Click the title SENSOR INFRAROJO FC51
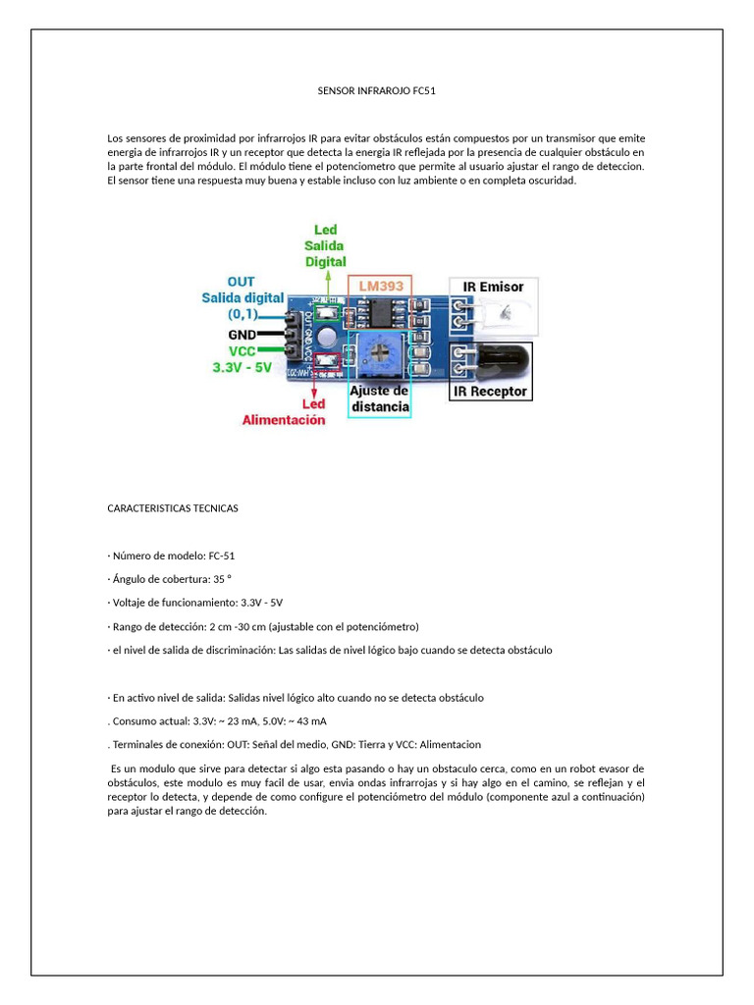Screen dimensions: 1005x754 [x=377, y=90]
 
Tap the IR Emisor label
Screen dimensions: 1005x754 [x=494, y=287]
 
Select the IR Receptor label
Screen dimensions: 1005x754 [x=490, y=392]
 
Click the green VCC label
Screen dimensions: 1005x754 [x=244, y=350]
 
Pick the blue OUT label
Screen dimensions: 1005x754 [x=242, y=282]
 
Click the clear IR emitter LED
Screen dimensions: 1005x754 [x=505, y=316]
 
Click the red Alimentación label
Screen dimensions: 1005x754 [x=284, y=420]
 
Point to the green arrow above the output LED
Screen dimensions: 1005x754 [x=328, y=285]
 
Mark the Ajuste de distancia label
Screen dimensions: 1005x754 [x=379, y=398]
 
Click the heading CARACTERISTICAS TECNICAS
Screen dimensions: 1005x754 [x=173, y=508]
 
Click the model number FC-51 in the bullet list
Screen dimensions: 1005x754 [x=222, y=555]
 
